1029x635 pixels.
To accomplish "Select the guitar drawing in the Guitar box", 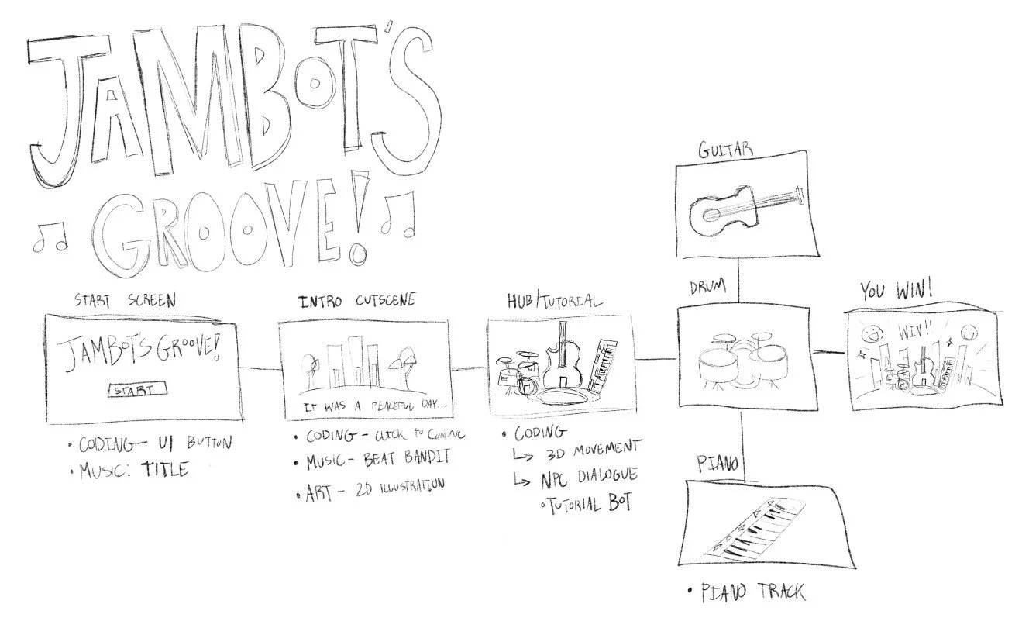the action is (745, 205).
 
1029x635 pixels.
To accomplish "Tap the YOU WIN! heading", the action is (896, 292).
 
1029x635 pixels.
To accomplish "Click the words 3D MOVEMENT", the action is (594, 448).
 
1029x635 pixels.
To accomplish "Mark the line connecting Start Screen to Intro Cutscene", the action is (258, 368).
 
